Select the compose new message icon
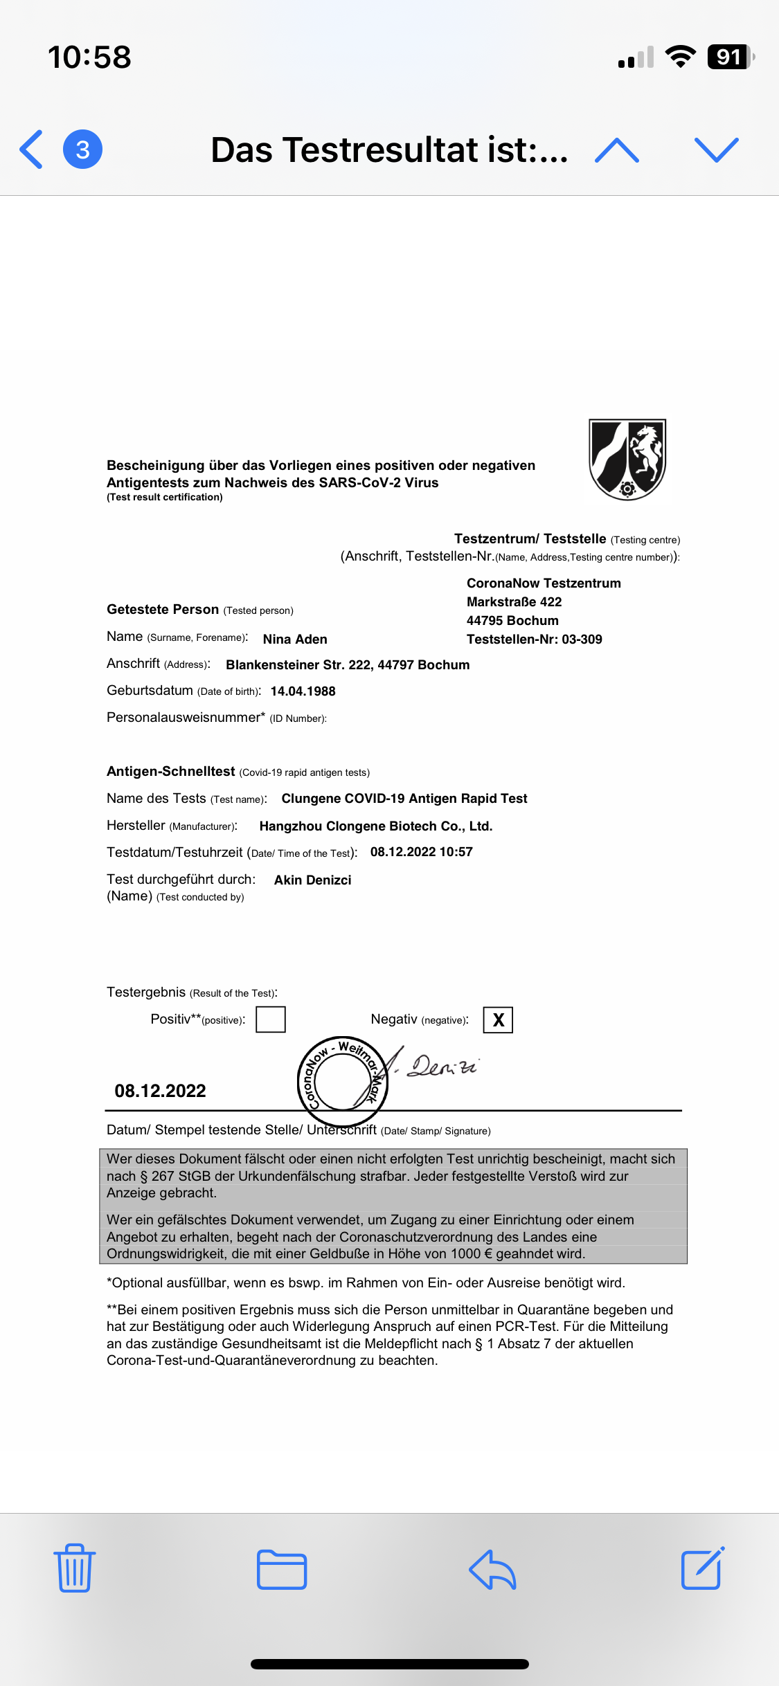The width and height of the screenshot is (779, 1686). pos(703,1568)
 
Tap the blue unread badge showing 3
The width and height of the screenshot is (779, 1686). pos(83,149)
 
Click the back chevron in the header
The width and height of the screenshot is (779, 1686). pos(31,149)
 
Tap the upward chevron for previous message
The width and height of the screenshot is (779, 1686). pos(616,150)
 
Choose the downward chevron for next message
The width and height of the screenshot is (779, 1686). pos(716,150)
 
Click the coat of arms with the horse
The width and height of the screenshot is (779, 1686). pos(627,459)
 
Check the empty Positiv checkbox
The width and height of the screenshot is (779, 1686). pos(271,1019)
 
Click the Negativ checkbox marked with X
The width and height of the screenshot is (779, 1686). pos(498,1020)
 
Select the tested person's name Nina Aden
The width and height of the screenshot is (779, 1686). pos(295,640)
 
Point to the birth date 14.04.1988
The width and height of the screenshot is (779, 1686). pos(303,691)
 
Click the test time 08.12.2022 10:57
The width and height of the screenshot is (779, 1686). pos(421,852)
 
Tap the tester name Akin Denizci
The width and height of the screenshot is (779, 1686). pos(312,880)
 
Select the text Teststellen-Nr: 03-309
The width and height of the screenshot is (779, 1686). pos(534,640)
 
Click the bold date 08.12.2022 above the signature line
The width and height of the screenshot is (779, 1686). pos(160,1091)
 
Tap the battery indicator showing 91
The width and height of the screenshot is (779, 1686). pos(730,57)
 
